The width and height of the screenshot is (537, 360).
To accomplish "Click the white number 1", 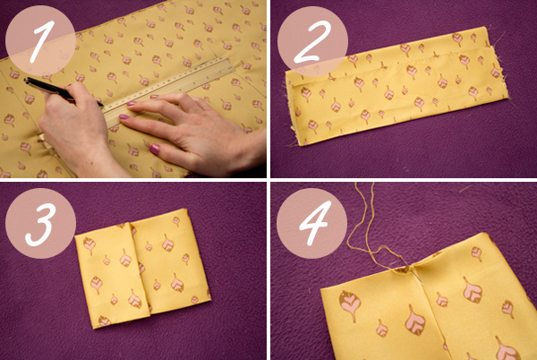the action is [x=43, y=41].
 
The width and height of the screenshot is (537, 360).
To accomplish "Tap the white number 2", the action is [x=312, y=42].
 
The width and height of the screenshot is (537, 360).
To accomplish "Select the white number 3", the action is [x=40, y=225].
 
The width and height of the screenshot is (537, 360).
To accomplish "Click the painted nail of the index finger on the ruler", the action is [x=132, y=103].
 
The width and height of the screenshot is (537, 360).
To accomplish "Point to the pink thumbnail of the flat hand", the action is [x=155, y=149].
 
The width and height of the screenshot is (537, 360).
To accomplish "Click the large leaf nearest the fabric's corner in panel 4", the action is [x=350, y=304].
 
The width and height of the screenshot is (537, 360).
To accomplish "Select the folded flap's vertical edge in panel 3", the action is [x=140, y=267].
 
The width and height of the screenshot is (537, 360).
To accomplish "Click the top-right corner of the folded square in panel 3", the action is [x=186, y=210].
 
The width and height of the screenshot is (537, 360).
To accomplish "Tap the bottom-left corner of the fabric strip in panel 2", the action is [x=302, y=145].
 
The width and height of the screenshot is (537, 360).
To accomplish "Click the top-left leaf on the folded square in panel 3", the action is [x=89, y=244].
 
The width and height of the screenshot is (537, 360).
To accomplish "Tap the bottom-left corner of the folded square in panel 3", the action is [x=95, y=328].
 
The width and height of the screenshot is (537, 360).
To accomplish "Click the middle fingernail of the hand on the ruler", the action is [x=124, y=116].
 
